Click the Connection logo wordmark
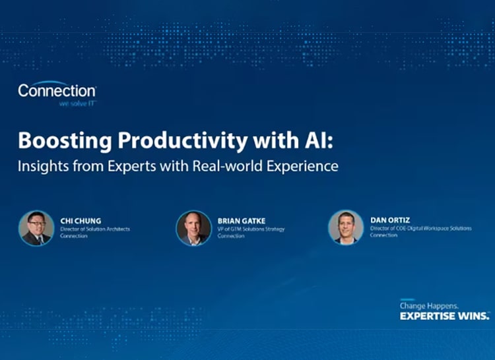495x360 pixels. tap(57, 90)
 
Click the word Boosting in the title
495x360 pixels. tap(57, 142)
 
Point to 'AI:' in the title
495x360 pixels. tap(285, 141)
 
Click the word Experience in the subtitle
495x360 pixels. tap(301, 166)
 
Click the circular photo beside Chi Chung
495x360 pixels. tap(36, 228)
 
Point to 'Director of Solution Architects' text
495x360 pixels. tap(95, 229)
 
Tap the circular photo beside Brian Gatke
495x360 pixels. tap(193, 228)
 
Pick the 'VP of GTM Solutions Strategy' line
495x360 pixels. tap(251, 229)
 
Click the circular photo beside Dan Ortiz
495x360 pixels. tap(346, 227)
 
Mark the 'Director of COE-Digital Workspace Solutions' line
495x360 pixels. tap(420, 228)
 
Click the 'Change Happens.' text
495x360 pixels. tap(424, 305)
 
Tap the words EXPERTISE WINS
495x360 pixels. tap(444, 316)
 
